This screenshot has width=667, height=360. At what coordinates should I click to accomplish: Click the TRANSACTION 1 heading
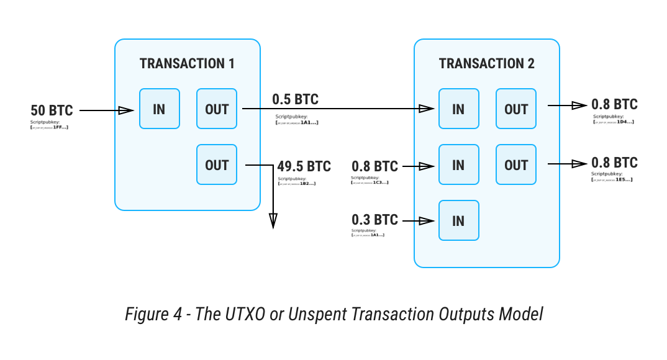click(187, 63)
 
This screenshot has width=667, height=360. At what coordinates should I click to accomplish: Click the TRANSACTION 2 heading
click(486, 63)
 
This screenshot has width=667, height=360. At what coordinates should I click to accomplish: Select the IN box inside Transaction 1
click(159, 109)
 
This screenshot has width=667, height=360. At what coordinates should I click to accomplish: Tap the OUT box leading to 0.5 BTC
click(217, 109)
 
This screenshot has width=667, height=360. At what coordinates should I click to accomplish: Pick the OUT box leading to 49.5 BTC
click(217, 165)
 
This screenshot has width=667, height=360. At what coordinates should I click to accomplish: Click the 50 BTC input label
click(52, 110)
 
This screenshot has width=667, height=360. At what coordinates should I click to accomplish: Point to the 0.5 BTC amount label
click(296, 99)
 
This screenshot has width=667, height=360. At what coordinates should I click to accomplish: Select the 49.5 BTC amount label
click(304, 166)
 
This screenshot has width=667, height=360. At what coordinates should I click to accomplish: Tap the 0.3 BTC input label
click(374, 220)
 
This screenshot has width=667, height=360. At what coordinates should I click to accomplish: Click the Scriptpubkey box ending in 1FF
click(51, 125)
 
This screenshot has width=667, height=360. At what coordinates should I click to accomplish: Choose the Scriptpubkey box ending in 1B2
click(297, 182)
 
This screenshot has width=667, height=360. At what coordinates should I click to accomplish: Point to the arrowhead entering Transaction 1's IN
click(126, 110)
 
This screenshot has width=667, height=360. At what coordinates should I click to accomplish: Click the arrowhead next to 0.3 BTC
click(425, 220)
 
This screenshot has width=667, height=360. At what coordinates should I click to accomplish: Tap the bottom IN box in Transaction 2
click(458, 220)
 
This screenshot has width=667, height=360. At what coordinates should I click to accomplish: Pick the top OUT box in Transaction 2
click(516, 109)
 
